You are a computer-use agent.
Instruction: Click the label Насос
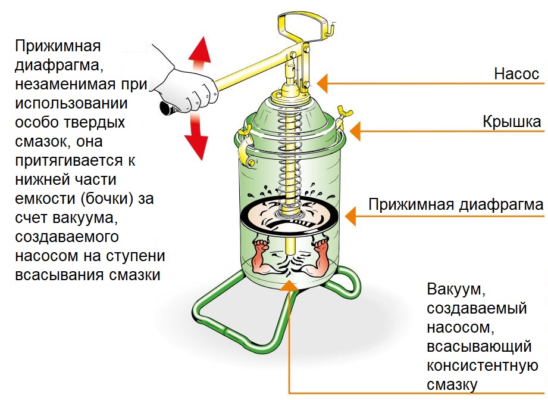coord(516,75)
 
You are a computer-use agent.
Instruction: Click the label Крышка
coord(512,122)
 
